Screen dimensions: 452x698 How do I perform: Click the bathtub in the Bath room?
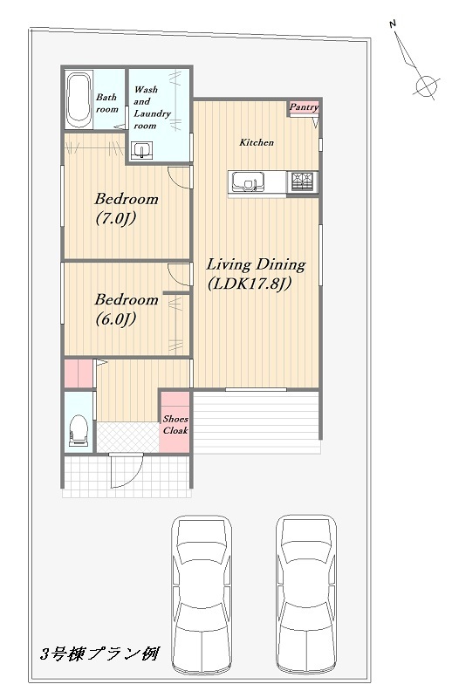tap(79, 99)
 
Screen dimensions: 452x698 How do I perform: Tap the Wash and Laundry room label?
tap(152, 107)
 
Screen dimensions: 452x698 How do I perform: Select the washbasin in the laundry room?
tap(141, 150)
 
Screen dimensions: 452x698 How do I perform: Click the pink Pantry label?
tap(305, 106)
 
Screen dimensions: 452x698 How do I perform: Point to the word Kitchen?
tap(257, 142)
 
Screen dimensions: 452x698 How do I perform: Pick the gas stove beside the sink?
tap(304, 182)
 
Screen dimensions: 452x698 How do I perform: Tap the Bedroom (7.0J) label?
tap(127, 209)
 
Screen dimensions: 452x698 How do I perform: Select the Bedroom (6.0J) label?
tap(127, 309)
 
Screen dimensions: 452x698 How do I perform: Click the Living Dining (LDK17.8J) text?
tap(256, 274)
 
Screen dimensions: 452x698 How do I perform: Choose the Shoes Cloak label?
tap(175, 425)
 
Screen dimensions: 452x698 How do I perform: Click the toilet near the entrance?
tap(79, 429)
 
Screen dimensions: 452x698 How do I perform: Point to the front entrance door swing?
tap(127, 471)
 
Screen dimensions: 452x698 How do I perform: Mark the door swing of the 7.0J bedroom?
tap(179, 177)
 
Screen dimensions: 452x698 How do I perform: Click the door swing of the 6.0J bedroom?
tap(179, 274)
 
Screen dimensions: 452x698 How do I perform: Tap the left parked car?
tap(202, 594)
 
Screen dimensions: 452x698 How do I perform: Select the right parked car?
tap(305, 594)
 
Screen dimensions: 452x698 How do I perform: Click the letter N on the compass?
tap(393, 24)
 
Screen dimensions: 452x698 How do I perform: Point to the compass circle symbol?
tap(426, 85)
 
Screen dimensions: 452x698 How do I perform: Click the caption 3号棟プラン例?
tap(99, 654)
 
